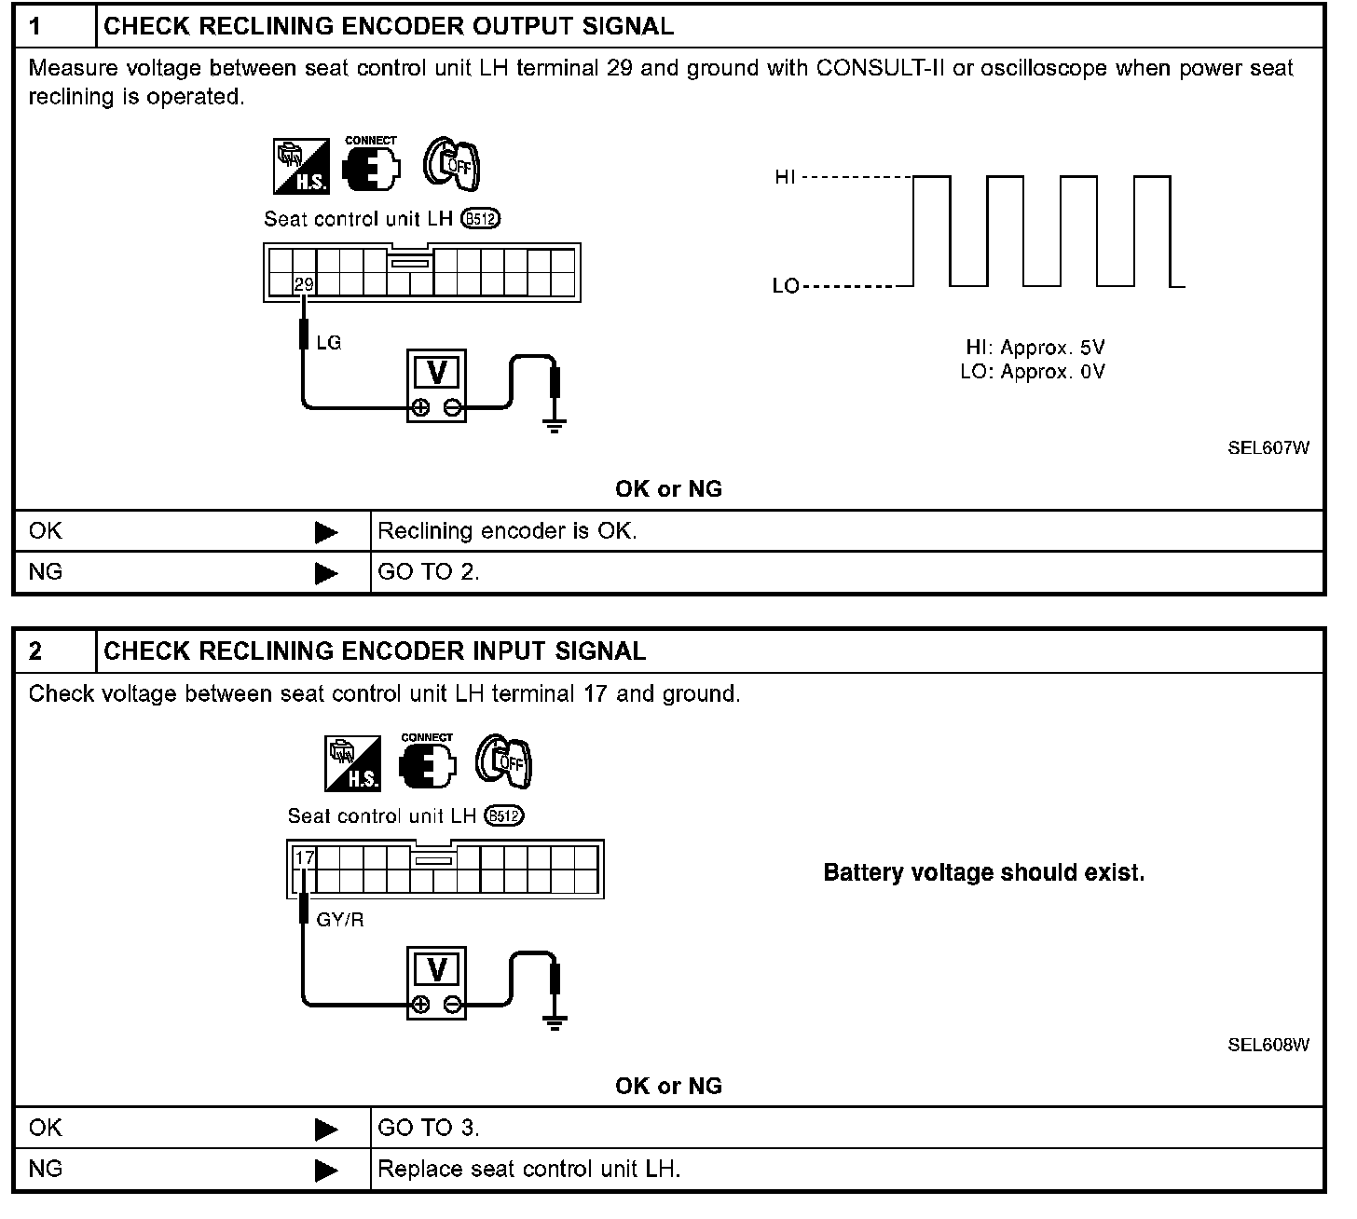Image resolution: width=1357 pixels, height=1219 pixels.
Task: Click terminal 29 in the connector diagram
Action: click(304, 284)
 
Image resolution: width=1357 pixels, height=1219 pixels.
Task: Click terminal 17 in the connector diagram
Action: click(304, 856)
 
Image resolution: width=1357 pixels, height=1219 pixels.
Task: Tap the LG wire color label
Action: click(329, 343)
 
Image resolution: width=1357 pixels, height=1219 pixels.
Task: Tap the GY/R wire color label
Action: click(340, 920)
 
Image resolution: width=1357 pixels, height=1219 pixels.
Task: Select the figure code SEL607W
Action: click(1268, 447)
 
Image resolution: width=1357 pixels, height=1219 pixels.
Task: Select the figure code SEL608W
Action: click(1268, 1045)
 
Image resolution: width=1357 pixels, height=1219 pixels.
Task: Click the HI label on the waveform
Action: click(786, 177)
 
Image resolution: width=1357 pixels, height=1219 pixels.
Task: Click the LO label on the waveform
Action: click(786, 286)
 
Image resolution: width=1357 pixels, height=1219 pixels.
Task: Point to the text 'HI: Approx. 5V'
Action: click(1035, 348)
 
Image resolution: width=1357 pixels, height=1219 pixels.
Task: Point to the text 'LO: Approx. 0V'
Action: click(1033, 372)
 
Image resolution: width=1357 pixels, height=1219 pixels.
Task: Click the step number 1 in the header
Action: click(35, 26)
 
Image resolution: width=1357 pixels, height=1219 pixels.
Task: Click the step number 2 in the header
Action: click(35, 651)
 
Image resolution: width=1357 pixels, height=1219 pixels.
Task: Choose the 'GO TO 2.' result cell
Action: click(429, 572)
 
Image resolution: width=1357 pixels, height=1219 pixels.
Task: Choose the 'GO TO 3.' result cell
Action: click(429, 1128)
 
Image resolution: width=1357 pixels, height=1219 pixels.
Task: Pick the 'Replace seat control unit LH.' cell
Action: click(528, 1169)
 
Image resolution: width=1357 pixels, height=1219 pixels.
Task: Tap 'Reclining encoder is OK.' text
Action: click(507, 531)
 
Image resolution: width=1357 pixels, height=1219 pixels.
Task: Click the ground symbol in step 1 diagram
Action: click(555, 429)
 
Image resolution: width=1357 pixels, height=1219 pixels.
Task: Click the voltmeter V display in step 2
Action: click(436, 970)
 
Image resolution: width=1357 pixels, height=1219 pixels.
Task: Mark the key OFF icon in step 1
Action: click(452, 166)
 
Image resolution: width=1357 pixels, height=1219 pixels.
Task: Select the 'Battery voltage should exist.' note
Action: click(983, 873)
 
